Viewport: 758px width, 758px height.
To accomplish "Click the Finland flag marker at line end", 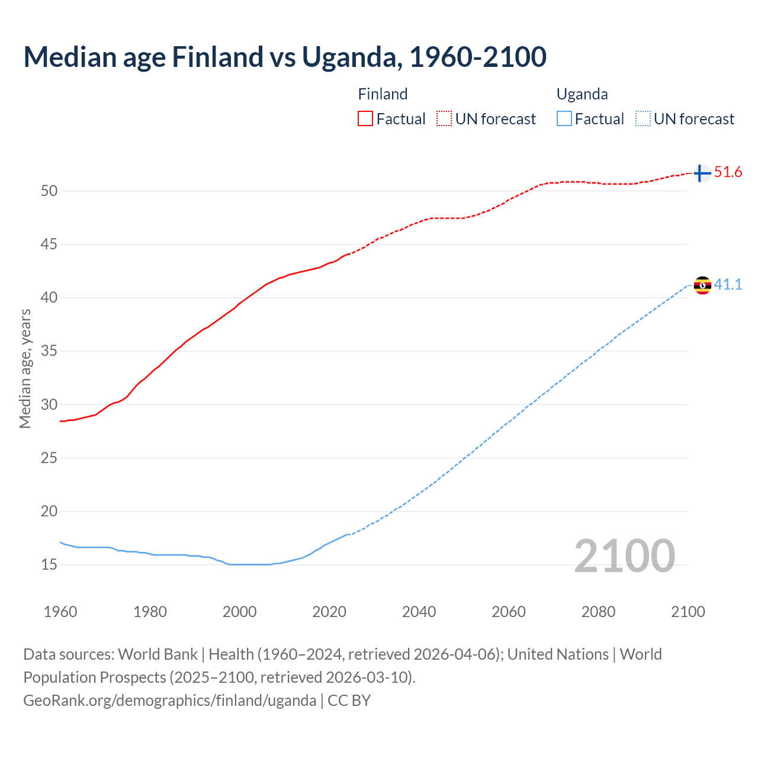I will (x=702, y=173).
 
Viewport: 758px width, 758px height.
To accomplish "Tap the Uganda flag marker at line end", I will (x=702, y=285).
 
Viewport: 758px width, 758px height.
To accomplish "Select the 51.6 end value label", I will (x=728, y=172).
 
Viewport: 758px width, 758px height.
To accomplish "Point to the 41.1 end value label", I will (x=728, y=285).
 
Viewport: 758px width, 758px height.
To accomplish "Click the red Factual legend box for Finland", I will (x=365, y=119).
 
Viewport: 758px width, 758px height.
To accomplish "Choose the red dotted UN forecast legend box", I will (x=444, y=119).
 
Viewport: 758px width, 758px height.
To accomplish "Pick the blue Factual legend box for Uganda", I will (x=564, y=119).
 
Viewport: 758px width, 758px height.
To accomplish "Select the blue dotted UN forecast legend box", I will (x=643, y=119).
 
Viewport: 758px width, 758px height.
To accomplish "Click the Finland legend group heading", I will (x=383, y=94).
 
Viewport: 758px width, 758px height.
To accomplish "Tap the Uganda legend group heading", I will (x=582, y=94).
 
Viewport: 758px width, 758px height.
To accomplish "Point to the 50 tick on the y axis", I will (x=49, y=191).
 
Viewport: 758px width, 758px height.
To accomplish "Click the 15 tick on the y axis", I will (x=49, y=565).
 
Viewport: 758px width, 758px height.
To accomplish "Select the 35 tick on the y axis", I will (x=49, y=351).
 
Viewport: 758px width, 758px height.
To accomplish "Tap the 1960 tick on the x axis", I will (x=60, y=612).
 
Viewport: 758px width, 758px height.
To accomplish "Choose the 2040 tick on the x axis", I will (x=419, y=612).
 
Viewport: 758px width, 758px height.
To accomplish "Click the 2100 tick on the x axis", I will (x=688, y=612).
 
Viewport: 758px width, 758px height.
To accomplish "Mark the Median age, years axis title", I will (x=25, y=368).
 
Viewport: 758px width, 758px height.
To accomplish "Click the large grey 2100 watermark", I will (x=624, y=556).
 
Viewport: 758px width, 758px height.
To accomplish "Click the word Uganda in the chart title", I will (x=349, y=57).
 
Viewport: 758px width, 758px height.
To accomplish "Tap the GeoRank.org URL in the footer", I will (x=169, y=701).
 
